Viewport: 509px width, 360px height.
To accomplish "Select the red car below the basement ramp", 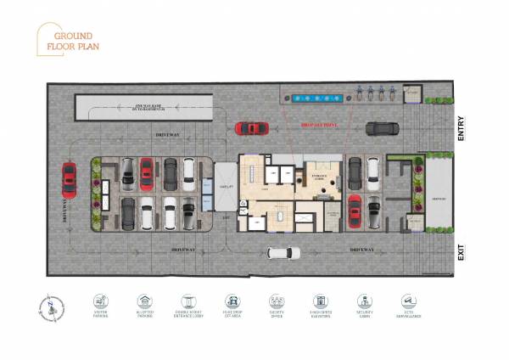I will click(252, 128).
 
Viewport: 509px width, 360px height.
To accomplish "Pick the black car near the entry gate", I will click(383, 128).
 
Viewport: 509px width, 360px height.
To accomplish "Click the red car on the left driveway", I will click(69, 178).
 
